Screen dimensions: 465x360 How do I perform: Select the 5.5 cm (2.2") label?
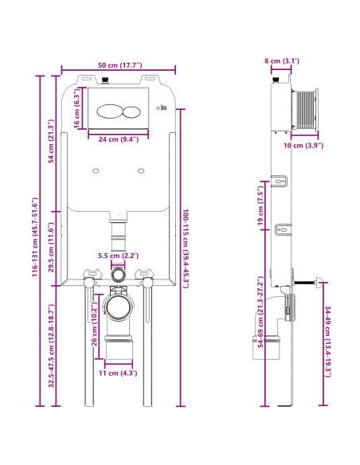pyautogui.click(x=119, y=256)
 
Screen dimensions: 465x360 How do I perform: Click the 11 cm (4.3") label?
pyautogui.click(x=119, y=372)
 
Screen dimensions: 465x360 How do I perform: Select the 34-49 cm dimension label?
pyautogui.click(x=327, y=341)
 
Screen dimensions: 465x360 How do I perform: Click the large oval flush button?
pyautogui.click(x=113, y=111)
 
